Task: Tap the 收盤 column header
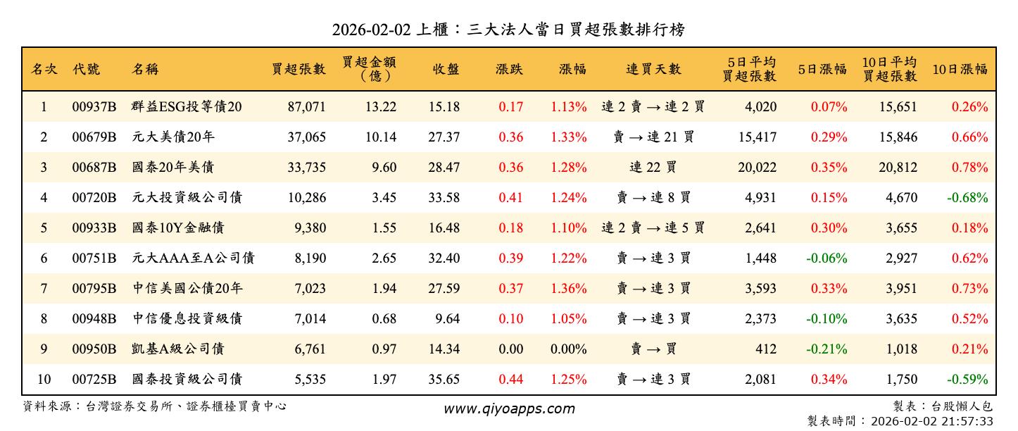(446, 69)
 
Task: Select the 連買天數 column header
(653, 69)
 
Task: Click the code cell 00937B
(94, 107)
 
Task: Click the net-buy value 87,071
(306, 107)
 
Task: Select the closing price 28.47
(444, 168)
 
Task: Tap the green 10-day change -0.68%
(967, 198)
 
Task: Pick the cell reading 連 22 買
(653, 168)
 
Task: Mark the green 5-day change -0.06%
(827, 258)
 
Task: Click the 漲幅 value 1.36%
(569, 289)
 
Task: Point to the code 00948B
(94, 319)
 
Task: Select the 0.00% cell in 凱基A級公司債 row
(569, 349)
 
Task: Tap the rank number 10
(44, 380)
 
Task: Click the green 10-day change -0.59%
(967, 380)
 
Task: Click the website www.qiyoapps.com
(509, 408)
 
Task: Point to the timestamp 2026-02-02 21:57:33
(931, 421)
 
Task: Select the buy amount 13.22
(381, 107)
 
